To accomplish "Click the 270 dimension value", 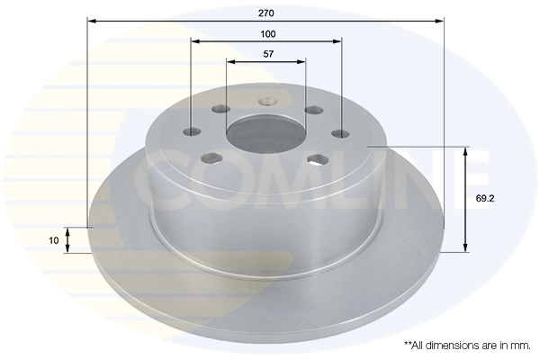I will click(x=265, y=13).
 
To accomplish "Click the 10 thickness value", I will click(x=54, y=240).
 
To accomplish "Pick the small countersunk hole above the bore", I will click(x=266, y=103).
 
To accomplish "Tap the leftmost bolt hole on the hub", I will click(x=191, y=132).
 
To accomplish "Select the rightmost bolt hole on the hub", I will click(x=341, y=134).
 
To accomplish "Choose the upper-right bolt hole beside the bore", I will click(x=312, y=110).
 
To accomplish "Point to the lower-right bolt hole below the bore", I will click(x=317, y=160).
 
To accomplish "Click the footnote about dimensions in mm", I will click(x=466, y=345).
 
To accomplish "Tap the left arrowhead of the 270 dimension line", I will click(x=91, y=20).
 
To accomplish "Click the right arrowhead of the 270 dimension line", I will click(x=441, y=20).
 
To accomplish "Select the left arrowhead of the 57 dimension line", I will click(x=229, y=61).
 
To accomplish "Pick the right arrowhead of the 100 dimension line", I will click(x=338, y=40).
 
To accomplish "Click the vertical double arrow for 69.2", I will click(x=464, y=198).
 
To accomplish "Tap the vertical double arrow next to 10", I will click(x=67, y=240).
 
